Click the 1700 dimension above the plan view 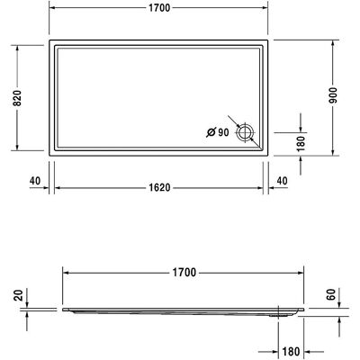(x=159, y=8)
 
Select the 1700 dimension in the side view (x=184, y=273)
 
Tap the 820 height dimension (x=17, y=98)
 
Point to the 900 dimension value (x=333, y=95)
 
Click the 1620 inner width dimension (x=159, y=187)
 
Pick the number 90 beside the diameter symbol (x=223, y=132)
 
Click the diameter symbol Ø (x=211, y=132)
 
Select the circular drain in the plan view (x=245, y=132)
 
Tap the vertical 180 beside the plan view (x=301, y=143)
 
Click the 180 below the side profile (x=291, y=351)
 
